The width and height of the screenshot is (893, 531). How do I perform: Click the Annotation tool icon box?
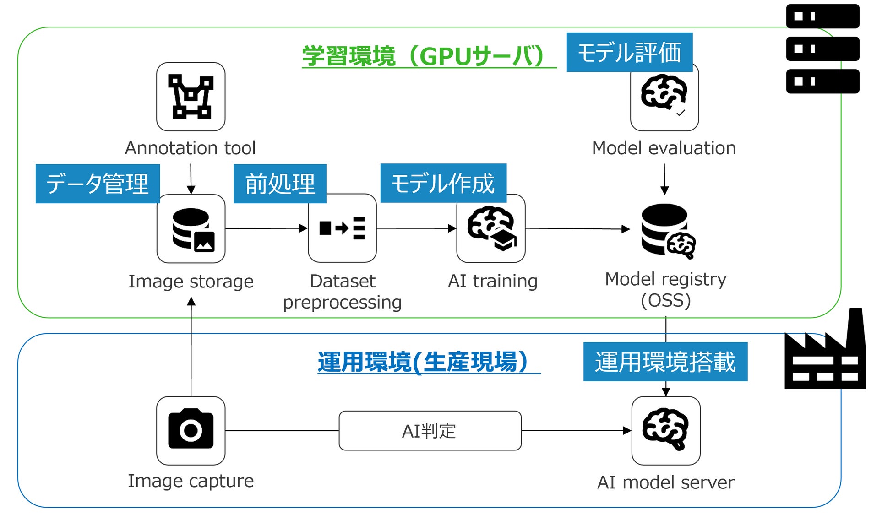coord(191,97)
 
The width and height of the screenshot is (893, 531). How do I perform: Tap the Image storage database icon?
coord(191,228)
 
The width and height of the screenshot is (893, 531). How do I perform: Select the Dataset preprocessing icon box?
coord(342,228)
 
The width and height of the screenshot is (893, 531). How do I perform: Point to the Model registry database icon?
coord(667,230)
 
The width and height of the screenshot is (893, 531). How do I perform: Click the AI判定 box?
coord(430,431)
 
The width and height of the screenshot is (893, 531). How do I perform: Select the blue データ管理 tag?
coord(98,184)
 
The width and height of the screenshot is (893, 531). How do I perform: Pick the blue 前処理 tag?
coord(280,184)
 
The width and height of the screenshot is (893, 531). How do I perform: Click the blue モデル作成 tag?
coord(443,183)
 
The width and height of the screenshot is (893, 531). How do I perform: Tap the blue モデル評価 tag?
coord(629,52)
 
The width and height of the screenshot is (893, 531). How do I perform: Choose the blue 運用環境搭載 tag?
coord(665,362)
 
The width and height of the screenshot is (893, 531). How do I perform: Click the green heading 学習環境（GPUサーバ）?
coord(424,56)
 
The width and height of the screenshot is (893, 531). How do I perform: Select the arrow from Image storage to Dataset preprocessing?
coord(266,228)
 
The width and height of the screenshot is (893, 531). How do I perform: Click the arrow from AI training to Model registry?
coord(577,228)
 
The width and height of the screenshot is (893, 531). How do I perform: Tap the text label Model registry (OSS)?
coord(665,290)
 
